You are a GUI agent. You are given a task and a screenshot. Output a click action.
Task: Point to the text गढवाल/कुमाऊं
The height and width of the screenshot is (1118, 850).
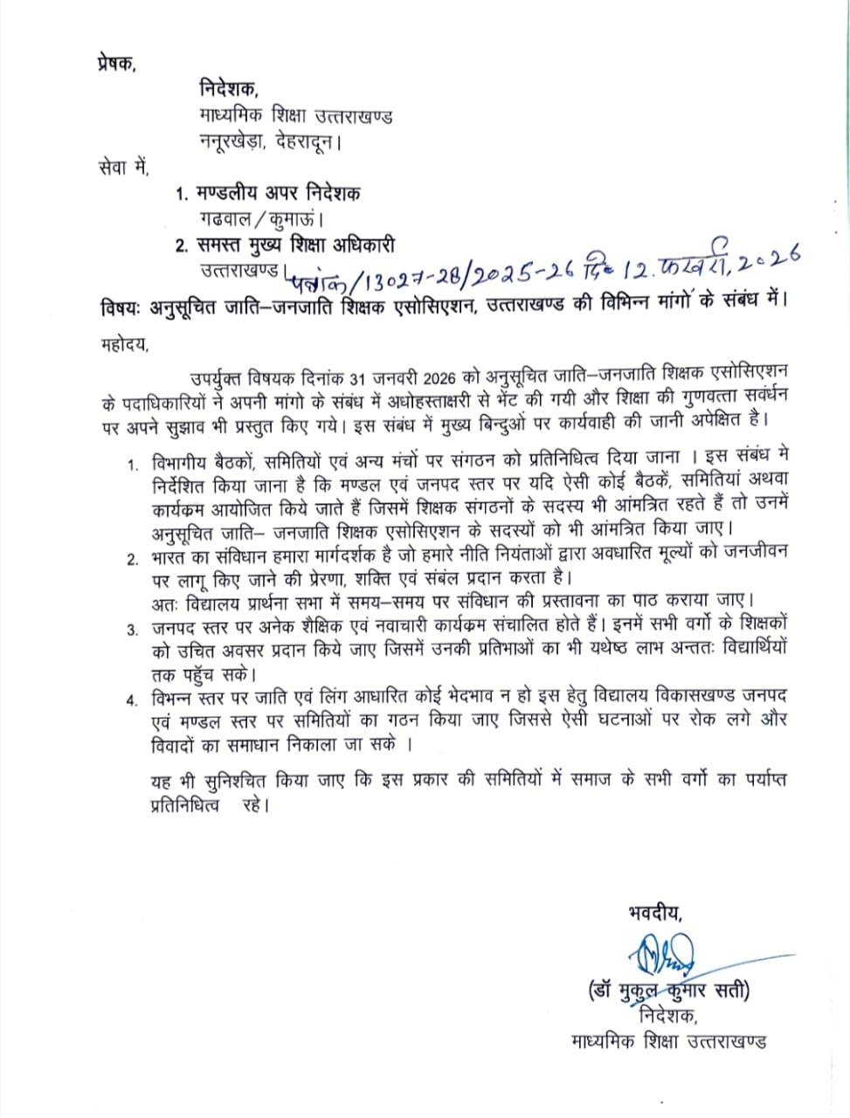pos(263,218)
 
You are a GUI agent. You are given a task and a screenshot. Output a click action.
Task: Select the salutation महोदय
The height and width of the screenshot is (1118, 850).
pos(124,344)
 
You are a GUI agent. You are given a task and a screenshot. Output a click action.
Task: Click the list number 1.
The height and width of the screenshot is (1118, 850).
pos(132,463)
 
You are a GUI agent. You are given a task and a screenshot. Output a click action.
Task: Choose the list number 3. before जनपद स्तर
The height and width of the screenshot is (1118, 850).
pos(132,629)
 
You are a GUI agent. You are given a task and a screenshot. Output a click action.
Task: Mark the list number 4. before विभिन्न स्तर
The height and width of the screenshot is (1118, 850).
pos(132,700)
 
